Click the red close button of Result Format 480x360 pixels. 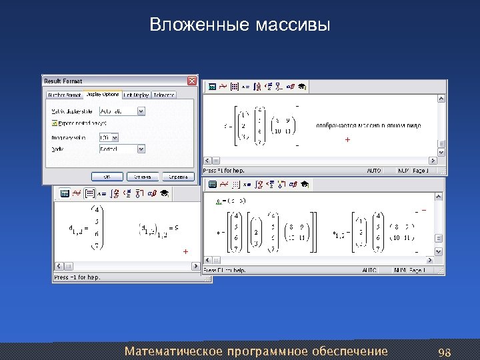[x=192, y=81]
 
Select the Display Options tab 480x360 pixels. [x=102, y=95]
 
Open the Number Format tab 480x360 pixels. [x=64, y=95]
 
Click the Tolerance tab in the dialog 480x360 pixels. [x=164, y=95]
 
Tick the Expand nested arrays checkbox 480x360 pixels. [x=55, y=123]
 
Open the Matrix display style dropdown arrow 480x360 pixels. [x=140, y=111]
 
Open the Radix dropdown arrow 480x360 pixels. [x=140, y=149]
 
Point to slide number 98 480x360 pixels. [x=445, y=351]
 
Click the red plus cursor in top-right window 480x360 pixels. [x=347, y=140]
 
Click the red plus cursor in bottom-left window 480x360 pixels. [x=185, y=251]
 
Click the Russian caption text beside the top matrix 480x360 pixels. [x=369, y=125]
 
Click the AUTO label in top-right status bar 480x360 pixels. [x=373, y=171]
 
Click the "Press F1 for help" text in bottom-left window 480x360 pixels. [x=77, y=277]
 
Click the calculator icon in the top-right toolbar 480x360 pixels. [x=213, y=87]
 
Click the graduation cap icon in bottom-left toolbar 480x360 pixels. [x=163, y=193]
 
